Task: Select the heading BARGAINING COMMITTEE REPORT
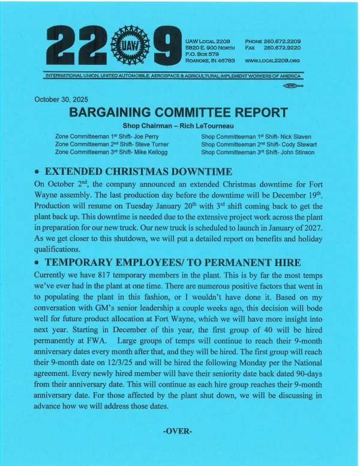[179, 112]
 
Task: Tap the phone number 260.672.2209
[281, 41]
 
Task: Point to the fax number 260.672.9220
[282, 47]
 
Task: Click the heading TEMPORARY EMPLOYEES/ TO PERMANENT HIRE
[166, 262]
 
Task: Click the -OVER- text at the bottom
[178, 431]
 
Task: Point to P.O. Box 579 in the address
[201, 54]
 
